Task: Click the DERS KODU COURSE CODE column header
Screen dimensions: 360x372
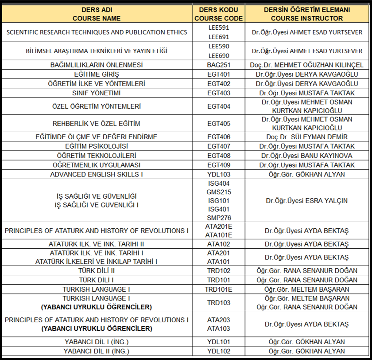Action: pos(219,14)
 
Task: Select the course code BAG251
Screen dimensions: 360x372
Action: pos(219,65)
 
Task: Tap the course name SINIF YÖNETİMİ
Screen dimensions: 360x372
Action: pos(97,93)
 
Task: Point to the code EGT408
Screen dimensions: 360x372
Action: pos(219,156)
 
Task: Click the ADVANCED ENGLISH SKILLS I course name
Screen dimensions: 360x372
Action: pos(97,174)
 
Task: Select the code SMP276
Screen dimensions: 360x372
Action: pos(219,218)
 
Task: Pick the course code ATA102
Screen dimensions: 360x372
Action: pos(219,244)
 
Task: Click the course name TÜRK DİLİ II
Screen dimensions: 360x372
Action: pos(97,270)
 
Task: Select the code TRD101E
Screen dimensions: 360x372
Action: pos(219,289)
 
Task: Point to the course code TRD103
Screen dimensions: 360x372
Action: pos(219,302)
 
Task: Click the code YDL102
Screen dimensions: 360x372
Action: pos(219,351)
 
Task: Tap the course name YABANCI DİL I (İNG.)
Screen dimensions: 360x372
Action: pos(97,341)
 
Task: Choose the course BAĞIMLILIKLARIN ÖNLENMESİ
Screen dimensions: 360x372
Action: pos(97,65)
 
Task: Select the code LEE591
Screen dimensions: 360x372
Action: pos(219,27)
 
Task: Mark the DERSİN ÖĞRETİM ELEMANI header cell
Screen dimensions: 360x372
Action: pos(307,14)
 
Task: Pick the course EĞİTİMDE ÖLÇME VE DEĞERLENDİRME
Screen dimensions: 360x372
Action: pos(97,137)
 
